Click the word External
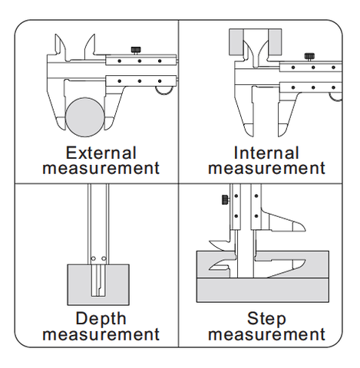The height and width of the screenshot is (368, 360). (x=101, y=153)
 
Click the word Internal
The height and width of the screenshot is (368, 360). (x=266, y=153)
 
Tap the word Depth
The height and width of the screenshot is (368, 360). (x=101, y=319)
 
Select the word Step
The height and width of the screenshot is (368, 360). (x=266, y=319)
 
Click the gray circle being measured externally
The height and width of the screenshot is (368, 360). (x=85, y=117)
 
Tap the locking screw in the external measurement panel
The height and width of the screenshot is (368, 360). (x=136, y=50)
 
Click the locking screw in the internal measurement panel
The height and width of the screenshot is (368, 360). (x=309, y=57)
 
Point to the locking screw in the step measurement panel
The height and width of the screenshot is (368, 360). (x=226, y=199)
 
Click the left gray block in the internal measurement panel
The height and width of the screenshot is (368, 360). (x=236, y=42)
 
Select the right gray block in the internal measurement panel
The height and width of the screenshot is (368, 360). (x=275, y=42)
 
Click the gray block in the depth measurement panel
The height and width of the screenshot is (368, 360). (x=98, y=284)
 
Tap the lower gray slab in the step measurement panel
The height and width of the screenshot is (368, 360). (x=263, y=290)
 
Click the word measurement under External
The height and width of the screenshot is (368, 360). (x=101, y=168)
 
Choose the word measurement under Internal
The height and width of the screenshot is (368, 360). (x=266, y=168)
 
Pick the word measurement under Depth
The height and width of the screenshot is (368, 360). (x=101, y=334)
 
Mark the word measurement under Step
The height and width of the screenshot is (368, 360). (x=266, y=334)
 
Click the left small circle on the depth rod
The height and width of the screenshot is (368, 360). (x=94, y=258)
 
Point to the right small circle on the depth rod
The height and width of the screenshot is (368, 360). (x=104, y=258)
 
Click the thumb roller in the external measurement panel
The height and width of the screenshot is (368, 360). (x=163, y=90)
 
